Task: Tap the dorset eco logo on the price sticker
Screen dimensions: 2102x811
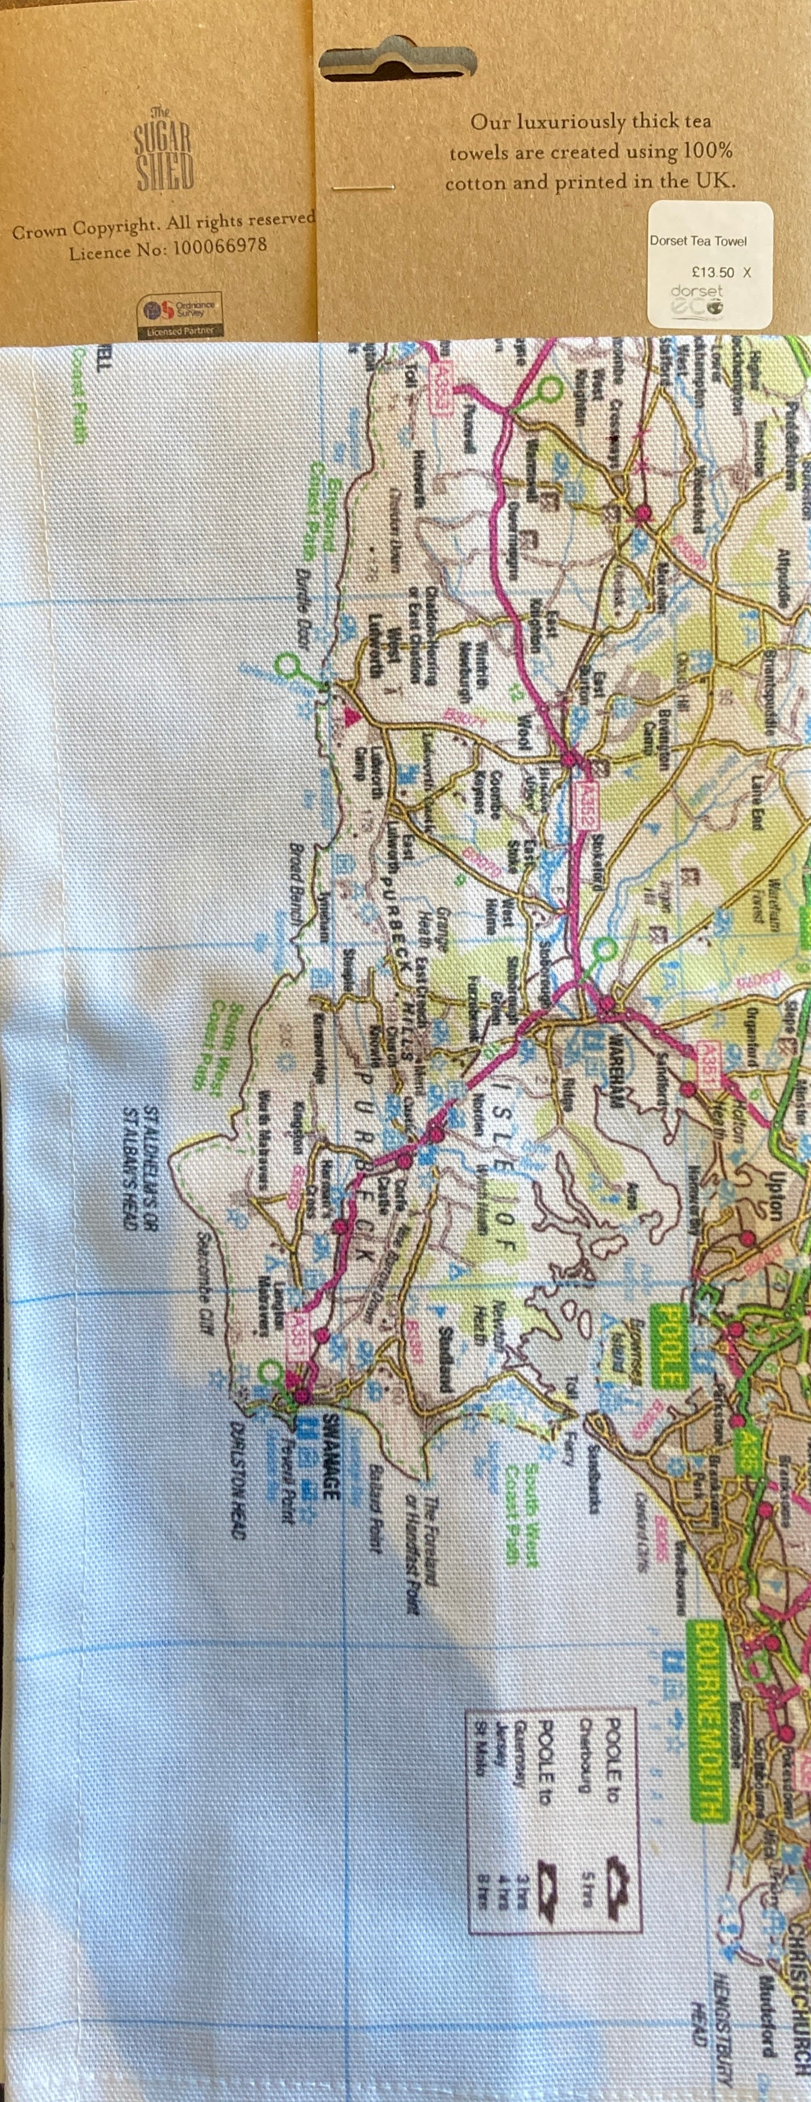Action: point(697,300)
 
